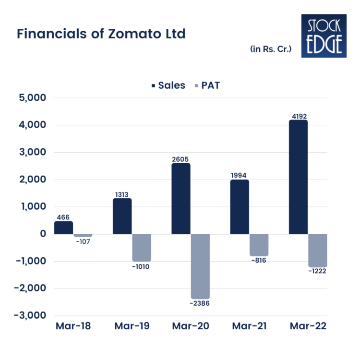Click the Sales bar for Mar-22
click(x=298, y=177)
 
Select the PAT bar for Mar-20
click(x=200, y=266)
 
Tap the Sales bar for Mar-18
click(x=63, y=228)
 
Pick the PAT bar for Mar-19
click(x=142, y=248)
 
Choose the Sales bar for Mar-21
click(x=240, y=207)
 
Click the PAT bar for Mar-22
click(x=317, y=251)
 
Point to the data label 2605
click(x=180, y=158)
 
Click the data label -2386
click(x=200, y=303)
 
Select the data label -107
click(x=83, y=241)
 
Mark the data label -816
click(x=259, y=261)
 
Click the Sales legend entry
click(x=168, y=85)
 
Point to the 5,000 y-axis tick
click(x=30, y=98)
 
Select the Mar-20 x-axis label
click(x=190, y=326)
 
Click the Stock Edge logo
click(x=324, y=36)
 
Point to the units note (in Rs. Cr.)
click(x=271, y=49)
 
